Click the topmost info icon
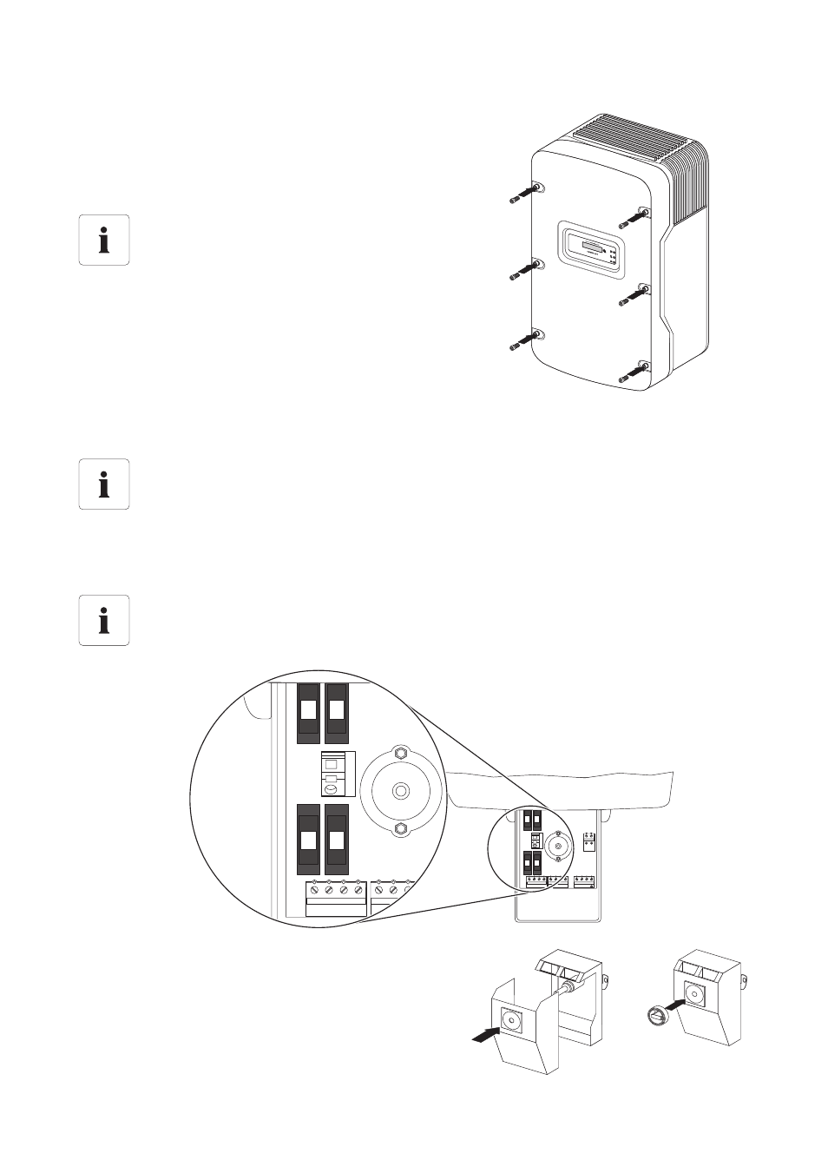click(104, 240)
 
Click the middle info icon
click(104, 484)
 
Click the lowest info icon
click(104, 620)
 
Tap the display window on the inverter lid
click(591, 248)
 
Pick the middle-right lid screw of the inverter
click(634, 296)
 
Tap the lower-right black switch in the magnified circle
click(336, 839)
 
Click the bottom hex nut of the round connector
click(400, 830)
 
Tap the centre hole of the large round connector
click(400, 791)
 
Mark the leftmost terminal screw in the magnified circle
click(313, 889)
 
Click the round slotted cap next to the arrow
click(657, 1013)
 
